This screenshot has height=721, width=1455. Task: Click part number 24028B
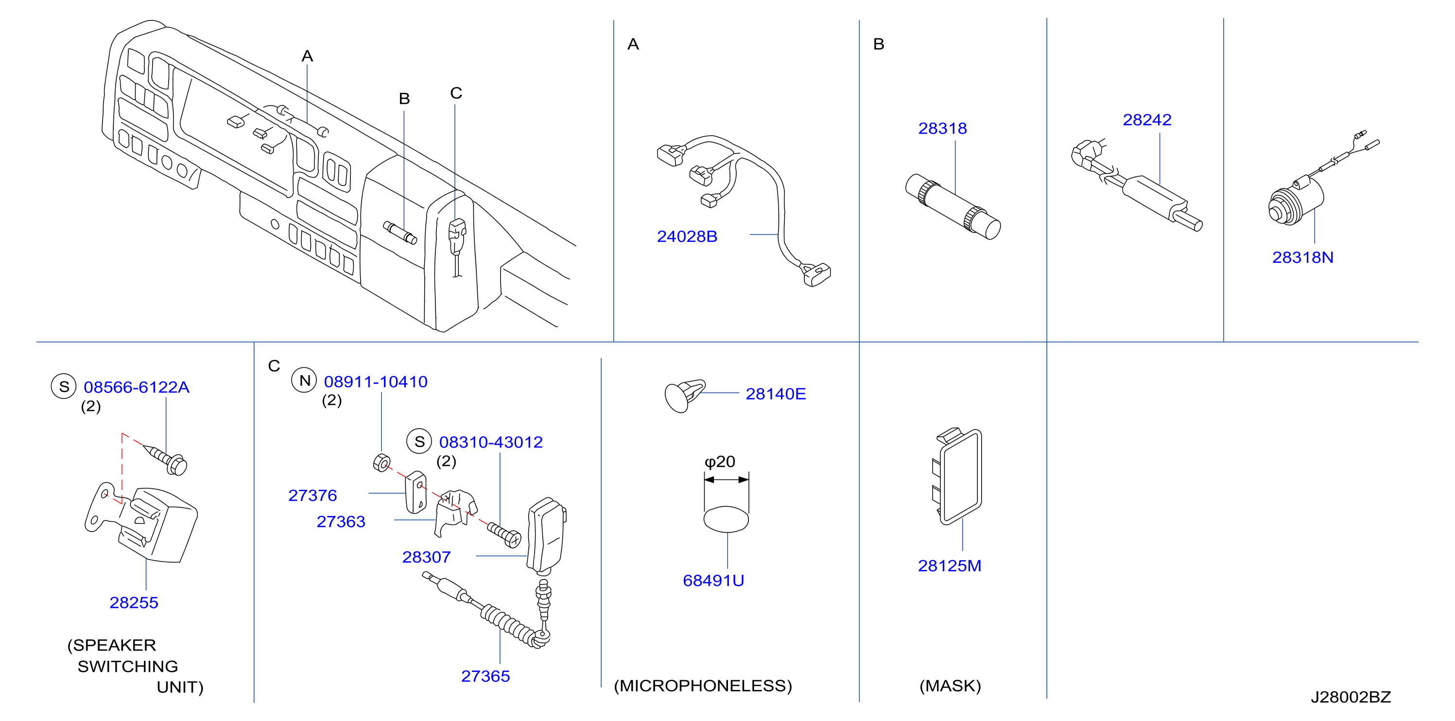point(687,237)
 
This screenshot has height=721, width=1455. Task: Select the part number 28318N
point(1302,257)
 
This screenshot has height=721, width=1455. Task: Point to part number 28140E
point(776,394)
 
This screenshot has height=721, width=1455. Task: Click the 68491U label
point(713,581)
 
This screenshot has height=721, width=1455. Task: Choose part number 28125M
point(950,566)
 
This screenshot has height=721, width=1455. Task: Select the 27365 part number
point(485,676)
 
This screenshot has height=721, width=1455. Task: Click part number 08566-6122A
point(136,387)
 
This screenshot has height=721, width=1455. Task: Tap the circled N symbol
point(304,380)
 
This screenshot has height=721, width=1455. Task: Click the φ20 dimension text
point(720,462)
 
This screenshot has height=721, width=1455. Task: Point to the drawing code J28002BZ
point(1351,697)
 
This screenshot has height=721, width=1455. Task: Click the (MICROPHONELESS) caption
point(703,686)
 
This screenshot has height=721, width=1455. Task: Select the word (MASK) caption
point(950,686)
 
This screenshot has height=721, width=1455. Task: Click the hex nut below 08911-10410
point(382,463)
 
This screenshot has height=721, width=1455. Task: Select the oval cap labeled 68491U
point(727,519)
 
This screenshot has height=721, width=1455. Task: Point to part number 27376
point(312,495)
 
